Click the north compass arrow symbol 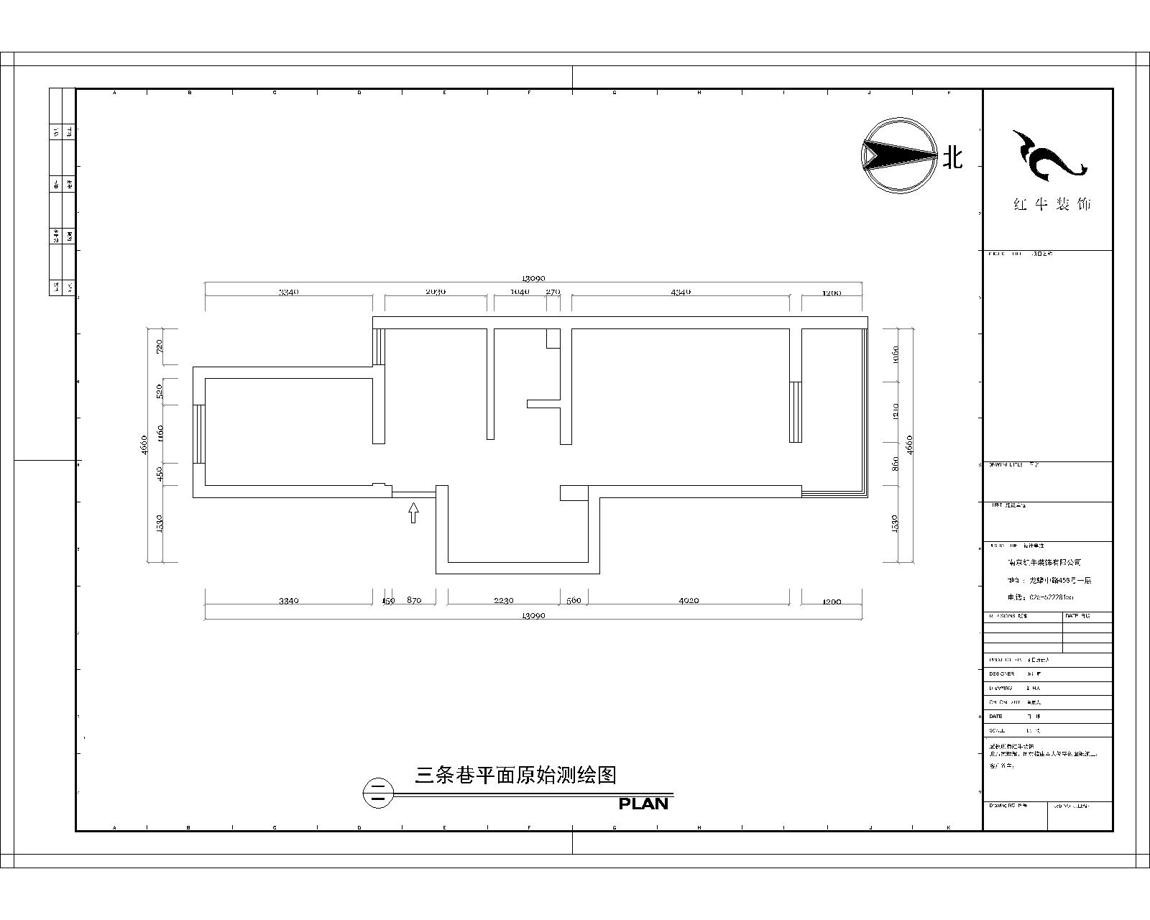coord(899,155)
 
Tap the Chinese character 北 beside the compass coord(953,157)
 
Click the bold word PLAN coord(644,804)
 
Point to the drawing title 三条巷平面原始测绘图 coord(516,775)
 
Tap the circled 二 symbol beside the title coord(378,793)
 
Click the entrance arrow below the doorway coord(413,512)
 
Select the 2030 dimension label coord(436,292)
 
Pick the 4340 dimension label coord(681,292)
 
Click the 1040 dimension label coord(519,292)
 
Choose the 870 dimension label coord(414,600)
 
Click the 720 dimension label coord(160,346)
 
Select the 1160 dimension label coord(160,433)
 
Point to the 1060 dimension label coord(896,354)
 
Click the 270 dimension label coord(553,292)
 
